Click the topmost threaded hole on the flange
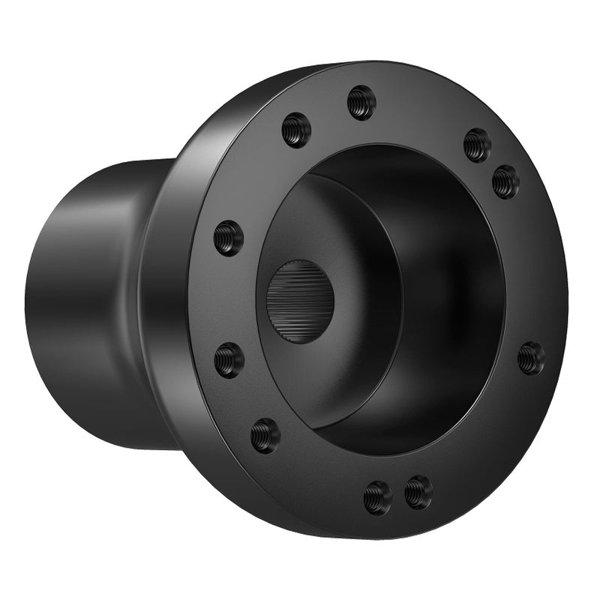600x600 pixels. (361, 103)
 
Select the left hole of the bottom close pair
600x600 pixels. (377, 497)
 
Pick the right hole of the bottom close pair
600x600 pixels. (418, 492)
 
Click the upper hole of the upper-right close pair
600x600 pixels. (477, 145)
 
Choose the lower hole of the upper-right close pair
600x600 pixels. (505, 181)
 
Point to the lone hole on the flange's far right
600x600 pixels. (531, 358)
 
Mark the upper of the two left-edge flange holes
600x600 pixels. (229, 238)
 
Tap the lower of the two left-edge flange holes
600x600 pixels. (229, 360)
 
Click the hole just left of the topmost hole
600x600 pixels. (296, 130)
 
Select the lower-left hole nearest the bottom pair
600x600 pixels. (265, 435)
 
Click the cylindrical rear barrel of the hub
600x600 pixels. (82, 300)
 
